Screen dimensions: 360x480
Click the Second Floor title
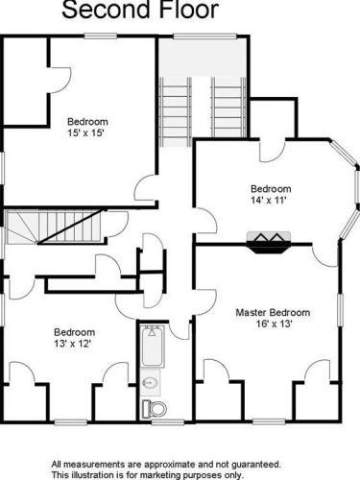coord(140,9)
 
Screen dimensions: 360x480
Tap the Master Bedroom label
coord(273,312)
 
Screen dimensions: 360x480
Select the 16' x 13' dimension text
coord(275,324)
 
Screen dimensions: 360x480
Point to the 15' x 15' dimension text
coord(86,132)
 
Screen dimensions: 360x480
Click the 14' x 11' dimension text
coord(268,200)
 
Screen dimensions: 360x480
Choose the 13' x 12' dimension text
coord(73,344)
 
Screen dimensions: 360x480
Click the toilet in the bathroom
coord(155,408)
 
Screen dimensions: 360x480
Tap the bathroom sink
coord(150,382)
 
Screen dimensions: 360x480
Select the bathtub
coord(153,347)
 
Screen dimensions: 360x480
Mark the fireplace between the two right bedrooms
coord(269,243)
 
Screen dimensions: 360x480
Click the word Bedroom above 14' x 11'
coord(271,188)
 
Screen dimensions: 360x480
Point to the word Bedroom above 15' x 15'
coord(87,122)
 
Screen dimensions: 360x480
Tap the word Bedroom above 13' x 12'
coord(74,332)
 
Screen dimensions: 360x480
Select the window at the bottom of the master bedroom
coord(269,421)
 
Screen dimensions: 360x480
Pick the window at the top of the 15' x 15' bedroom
coord(101,36)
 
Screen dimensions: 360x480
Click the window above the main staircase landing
coord(205,36)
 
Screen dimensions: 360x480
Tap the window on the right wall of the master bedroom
coord(340,310)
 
